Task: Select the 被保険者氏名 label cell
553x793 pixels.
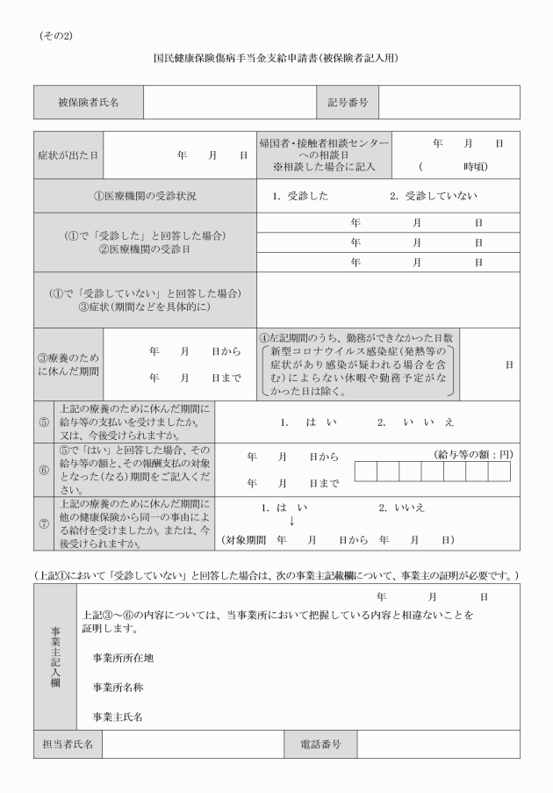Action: pos(89,102)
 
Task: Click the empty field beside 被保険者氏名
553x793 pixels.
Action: pos(225,102)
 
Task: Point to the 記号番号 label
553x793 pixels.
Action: pos(348,102)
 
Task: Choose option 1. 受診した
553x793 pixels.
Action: pos(300,196)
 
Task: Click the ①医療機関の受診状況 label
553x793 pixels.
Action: pos(145,196)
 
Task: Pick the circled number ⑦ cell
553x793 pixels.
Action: pos(45,523)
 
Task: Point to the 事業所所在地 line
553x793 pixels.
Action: pos(125,657)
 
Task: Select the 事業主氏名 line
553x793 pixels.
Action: pos(118,716)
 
